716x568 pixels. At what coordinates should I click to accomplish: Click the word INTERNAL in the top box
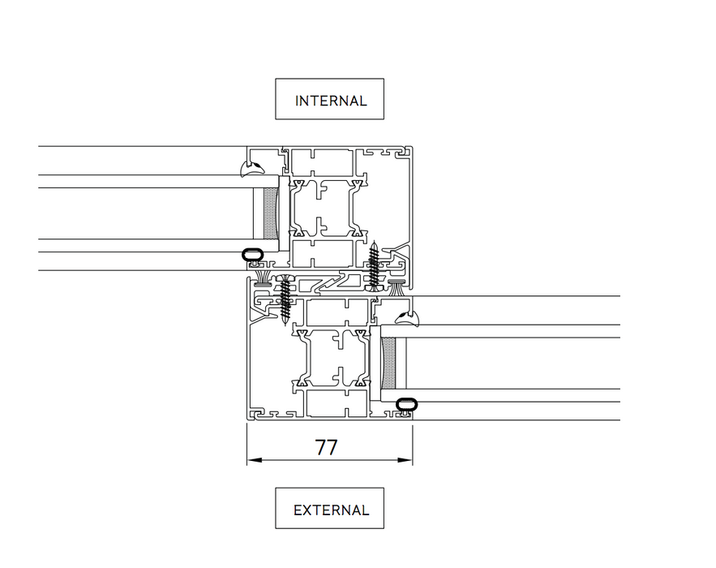click(331, 101)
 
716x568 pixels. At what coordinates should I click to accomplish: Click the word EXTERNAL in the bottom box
click(331, 510)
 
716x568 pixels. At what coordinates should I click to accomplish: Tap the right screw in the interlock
click(374, 265)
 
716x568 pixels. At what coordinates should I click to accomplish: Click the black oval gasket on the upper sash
click(254, 255)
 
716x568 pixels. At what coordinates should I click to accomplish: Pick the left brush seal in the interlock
click(262, 280)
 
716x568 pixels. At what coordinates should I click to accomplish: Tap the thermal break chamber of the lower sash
click(334, 358)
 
